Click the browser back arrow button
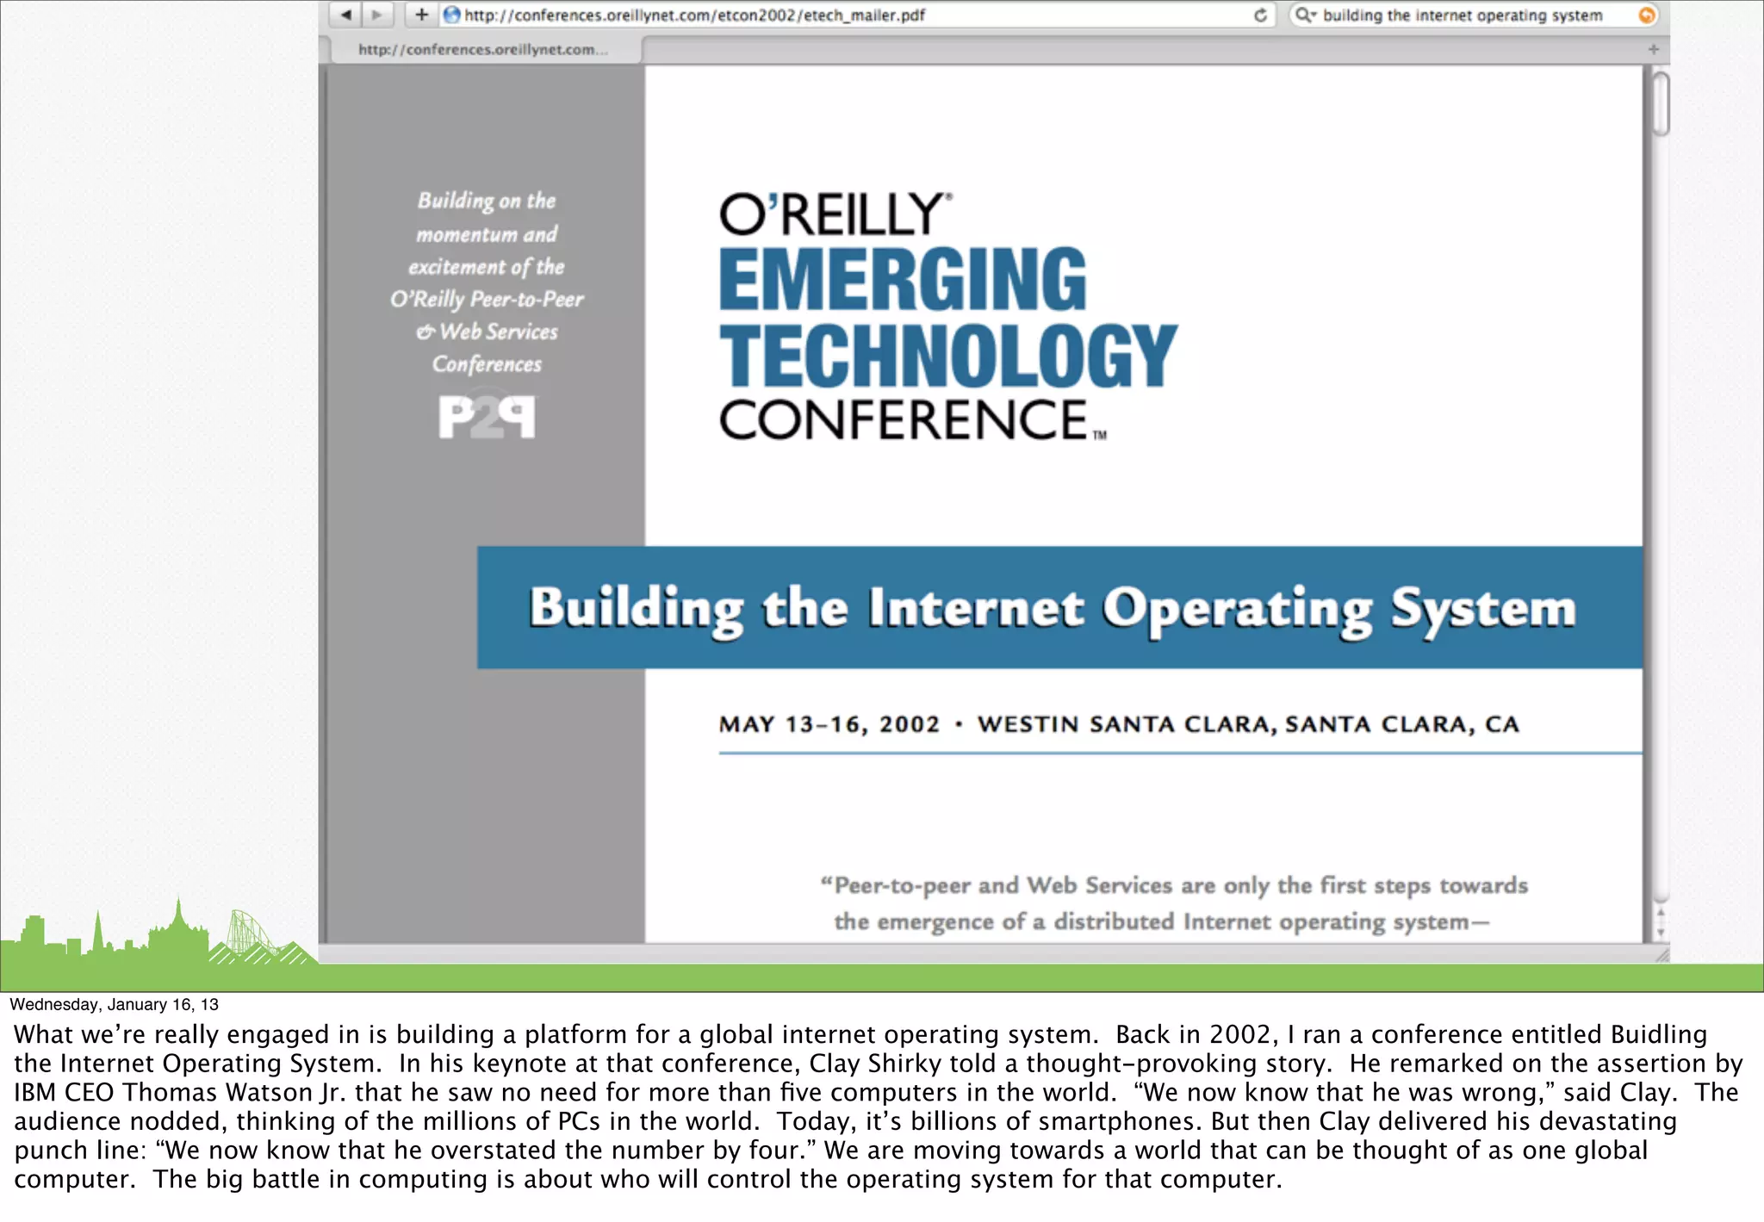(x=346, y=15)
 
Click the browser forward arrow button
(x=376, y=15)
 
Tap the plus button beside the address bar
(x=421, y=15)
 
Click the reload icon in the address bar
(x=1260, y=15)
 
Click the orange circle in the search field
(x=1646, y=15)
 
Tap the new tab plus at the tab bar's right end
(x=1653, y=49)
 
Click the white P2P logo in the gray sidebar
(x=487, y=418)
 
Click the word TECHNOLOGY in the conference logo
(x=948, y=356)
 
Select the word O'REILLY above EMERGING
(x=832, y=214)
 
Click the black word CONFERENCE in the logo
(x=904, y=420)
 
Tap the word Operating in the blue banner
(x=1237, y=609)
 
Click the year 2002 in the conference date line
(x=909, y=724)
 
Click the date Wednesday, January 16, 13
(x=114, y=1004)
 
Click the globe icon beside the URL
(x=451, y=15)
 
